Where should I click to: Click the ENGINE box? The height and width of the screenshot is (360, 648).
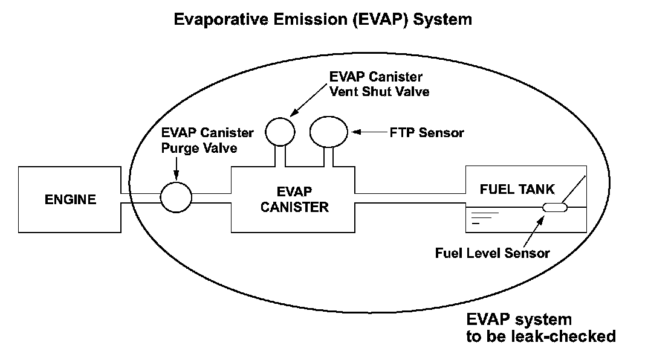click(x=70, y=199)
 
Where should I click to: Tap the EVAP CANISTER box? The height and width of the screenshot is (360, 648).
click(x=293, y=199)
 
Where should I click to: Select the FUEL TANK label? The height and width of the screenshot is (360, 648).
click(x=517, y=189)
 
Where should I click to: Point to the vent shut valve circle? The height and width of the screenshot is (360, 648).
click(x=280, y=130)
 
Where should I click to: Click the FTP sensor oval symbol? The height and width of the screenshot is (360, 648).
click(x=329, y=131)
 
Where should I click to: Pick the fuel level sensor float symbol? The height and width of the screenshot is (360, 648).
click(x=554, y=208)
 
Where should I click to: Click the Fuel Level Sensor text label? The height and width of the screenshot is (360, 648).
click(x=493, y=253)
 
